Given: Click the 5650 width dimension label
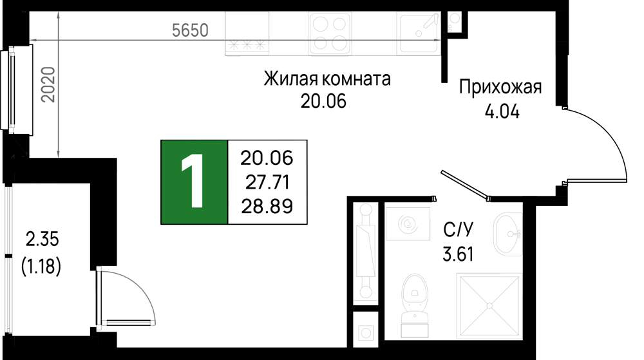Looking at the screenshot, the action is (x=190, y=30).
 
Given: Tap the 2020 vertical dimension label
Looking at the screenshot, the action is (x=49, y=84).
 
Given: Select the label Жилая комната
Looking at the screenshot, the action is (x=327, y=79).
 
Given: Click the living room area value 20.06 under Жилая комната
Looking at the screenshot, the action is (x=324, y=101).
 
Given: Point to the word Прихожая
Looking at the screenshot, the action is (x=500, y=88).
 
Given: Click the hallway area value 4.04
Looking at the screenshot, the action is (x=502, y=111).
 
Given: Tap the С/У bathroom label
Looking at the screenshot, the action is (x=458, y=229).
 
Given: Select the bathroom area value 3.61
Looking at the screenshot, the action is (x=458, y=254).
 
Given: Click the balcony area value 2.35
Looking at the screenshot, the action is (x=43, y=239).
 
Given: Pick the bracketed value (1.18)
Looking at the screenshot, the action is (x=41, y=267).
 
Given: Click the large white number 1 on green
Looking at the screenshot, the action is (x=192, y=181).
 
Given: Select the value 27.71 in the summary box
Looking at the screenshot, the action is (x=267, y=182).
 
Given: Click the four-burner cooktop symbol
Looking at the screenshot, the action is (x=330, y=33).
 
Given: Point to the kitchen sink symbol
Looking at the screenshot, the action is (x=419, y=32).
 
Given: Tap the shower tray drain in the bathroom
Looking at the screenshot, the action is (x=489, y=306).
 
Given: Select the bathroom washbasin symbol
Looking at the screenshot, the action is (x=508, y=234).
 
